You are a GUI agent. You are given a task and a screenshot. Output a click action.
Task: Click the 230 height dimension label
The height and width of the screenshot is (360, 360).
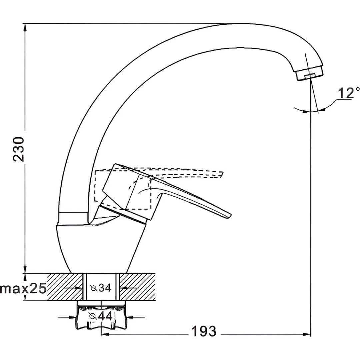click(x=19, y=149)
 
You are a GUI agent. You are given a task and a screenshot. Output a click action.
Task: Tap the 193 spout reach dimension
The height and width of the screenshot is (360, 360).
click(x=204, y=331)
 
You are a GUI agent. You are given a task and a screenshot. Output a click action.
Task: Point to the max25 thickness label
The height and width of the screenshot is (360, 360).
click(x=23, y=289)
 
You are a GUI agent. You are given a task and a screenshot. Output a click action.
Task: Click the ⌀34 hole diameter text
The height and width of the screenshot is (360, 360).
click(x=101, y=288)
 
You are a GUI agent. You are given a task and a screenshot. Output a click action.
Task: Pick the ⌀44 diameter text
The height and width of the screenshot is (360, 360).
click(x=101, y=316)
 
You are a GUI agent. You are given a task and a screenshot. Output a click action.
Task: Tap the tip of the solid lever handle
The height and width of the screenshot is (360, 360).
click(x=231, y=216)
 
